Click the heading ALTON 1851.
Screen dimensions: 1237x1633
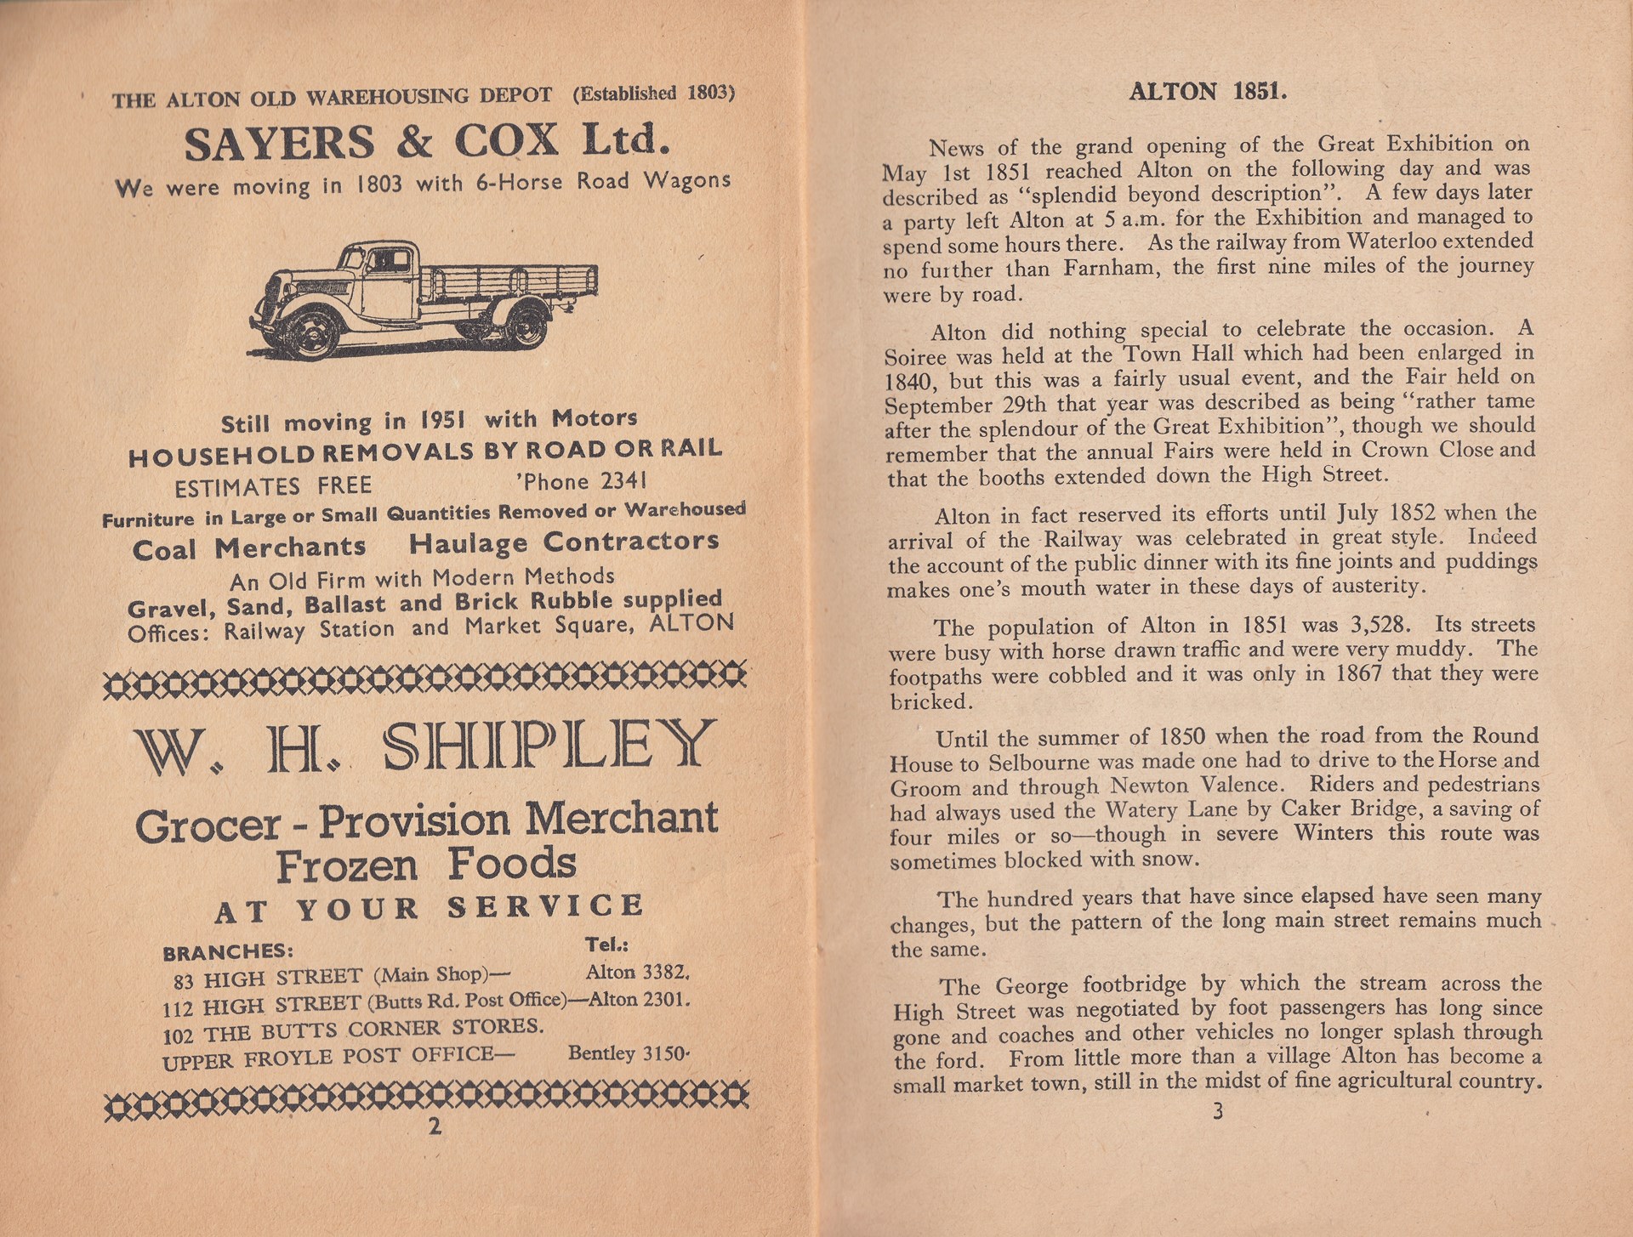pos(1208,92)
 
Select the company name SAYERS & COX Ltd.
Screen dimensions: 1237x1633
pos(422,141)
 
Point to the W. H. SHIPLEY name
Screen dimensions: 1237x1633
pos(422,746)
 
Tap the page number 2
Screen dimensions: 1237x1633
pos(435,1126)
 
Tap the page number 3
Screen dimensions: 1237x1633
pos(1218,1110)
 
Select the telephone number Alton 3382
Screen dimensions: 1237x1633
pos(636,972)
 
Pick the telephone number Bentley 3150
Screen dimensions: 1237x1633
pos(628,1053)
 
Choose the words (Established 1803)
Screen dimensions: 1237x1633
pos(653,93)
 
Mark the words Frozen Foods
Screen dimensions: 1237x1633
pos(425,865)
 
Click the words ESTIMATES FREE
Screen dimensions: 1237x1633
pos(273,486)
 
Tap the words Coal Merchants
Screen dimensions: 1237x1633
pos(249,548)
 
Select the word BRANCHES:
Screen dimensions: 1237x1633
pos(228,951)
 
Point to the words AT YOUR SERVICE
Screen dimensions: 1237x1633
pos(429,908)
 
